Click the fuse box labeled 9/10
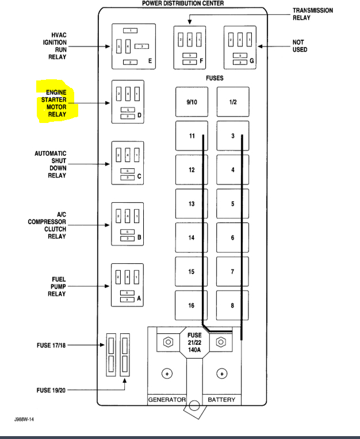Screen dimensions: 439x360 (x=192, y=102)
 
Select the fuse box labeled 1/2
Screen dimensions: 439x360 (x=232, y=102)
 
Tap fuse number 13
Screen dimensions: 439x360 (x=192, y=204)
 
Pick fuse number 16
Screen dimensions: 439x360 (x=192, y=305)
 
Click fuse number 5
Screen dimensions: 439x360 (x=232, y=204)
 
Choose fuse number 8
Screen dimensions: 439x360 (x=232, y=305)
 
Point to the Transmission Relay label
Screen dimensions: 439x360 (x=312, y=14)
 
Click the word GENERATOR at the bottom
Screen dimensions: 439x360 (x=167, y=399)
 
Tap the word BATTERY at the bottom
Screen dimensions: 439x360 (x=221, y=399)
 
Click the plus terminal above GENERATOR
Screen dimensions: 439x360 (x=167, y=373)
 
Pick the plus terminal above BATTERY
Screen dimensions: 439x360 (x=221, y=373)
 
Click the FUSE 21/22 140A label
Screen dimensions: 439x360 (x=194, y=342)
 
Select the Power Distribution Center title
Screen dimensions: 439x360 (x=183, y=3)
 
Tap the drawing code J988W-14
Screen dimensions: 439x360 (x=26, y=419)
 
